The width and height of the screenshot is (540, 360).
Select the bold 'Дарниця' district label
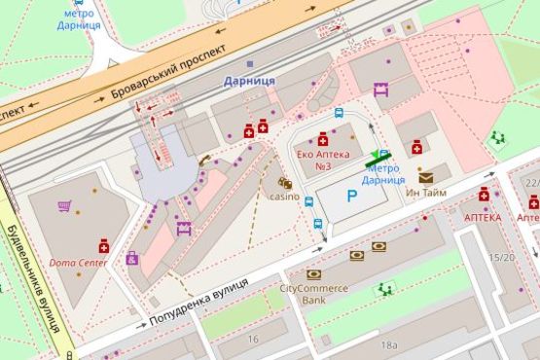click(248, 80)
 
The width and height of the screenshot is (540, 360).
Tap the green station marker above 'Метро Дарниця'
click(378, 158)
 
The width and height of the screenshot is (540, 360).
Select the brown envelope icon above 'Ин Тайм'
click(426, 177)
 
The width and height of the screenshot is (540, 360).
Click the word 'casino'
click(284, 197)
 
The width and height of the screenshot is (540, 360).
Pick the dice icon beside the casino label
click(285, 182)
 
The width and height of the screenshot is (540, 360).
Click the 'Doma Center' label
click(79, 264)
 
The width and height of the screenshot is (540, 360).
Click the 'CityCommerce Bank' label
click(314, 295)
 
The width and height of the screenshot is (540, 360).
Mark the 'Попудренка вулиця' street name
click(199, 302)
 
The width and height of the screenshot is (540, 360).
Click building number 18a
click(389, 344)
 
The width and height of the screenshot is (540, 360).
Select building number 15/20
click(502, 257)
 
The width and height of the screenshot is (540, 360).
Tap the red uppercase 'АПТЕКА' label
click(483, 218)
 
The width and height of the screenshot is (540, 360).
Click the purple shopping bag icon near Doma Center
click(132, 258)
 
